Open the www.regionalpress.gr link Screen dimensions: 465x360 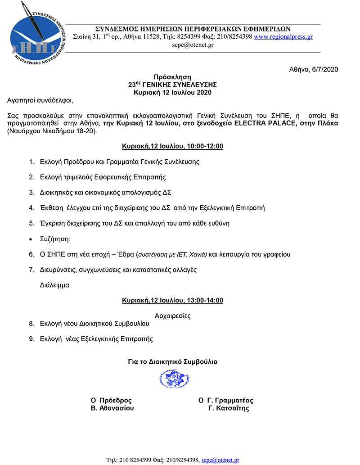283,37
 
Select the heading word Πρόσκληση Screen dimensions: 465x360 172,77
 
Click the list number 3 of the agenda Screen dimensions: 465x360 31,192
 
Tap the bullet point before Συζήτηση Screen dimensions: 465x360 31,239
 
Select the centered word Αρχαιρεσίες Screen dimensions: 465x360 172,316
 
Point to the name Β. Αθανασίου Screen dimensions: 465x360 112,408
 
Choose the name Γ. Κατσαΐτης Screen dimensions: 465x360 229,408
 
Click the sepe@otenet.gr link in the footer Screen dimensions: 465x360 220,460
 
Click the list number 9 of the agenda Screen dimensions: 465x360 31,339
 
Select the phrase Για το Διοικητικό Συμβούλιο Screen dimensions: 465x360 173,361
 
